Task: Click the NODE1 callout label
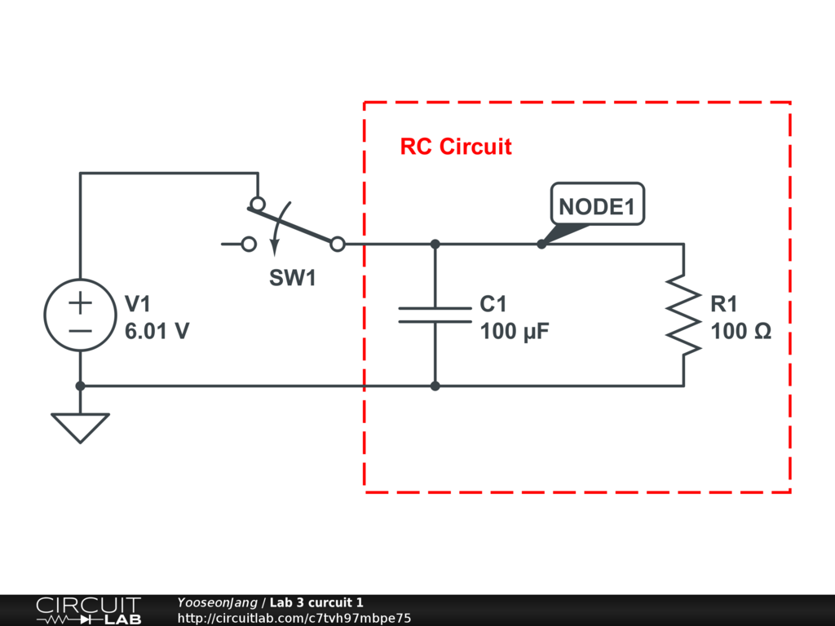point(597,206)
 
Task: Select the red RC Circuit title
point(456,147)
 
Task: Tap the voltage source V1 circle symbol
point(80,315)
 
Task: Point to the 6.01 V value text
point(157,332)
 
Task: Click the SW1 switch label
point(293,278)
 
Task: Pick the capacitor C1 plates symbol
point(435,315)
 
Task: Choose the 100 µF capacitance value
point(515,332)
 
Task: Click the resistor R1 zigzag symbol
point(683,315)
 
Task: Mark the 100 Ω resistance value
point(741,332)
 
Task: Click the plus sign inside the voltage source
point(80,303)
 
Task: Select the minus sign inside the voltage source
point(80,329)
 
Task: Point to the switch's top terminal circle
point(258,204)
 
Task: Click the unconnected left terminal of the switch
point(250,244)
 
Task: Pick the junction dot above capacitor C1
point(435,244)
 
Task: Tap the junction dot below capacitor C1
point(435,386)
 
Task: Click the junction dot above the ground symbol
point(80,386)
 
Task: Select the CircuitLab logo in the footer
point(88,611)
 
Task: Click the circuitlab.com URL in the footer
point(294,618)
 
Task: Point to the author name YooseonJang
point(217,602)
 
